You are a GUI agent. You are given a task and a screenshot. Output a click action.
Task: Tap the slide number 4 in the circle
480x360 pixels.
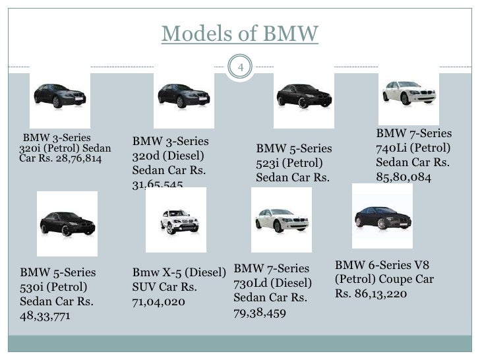[x=241, y=67]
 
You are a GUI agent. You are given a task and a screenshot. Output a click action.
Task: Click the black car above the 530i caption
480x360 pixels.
[x=66, y=221]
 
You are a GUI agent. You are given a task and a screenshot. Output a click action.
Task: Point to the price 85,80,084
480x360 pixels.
[x=402, y=177]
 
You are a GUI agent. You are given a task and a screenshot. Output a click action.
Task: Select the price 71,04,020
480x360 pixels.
[x=159, y=302]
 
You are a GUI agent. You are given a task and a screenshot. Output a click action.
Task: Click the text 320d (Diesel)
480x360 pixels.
[x=167, y=157]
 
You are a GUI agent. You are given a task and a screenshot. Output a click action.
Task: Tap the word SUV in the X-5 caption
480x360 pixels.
[x=144, y=287]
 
